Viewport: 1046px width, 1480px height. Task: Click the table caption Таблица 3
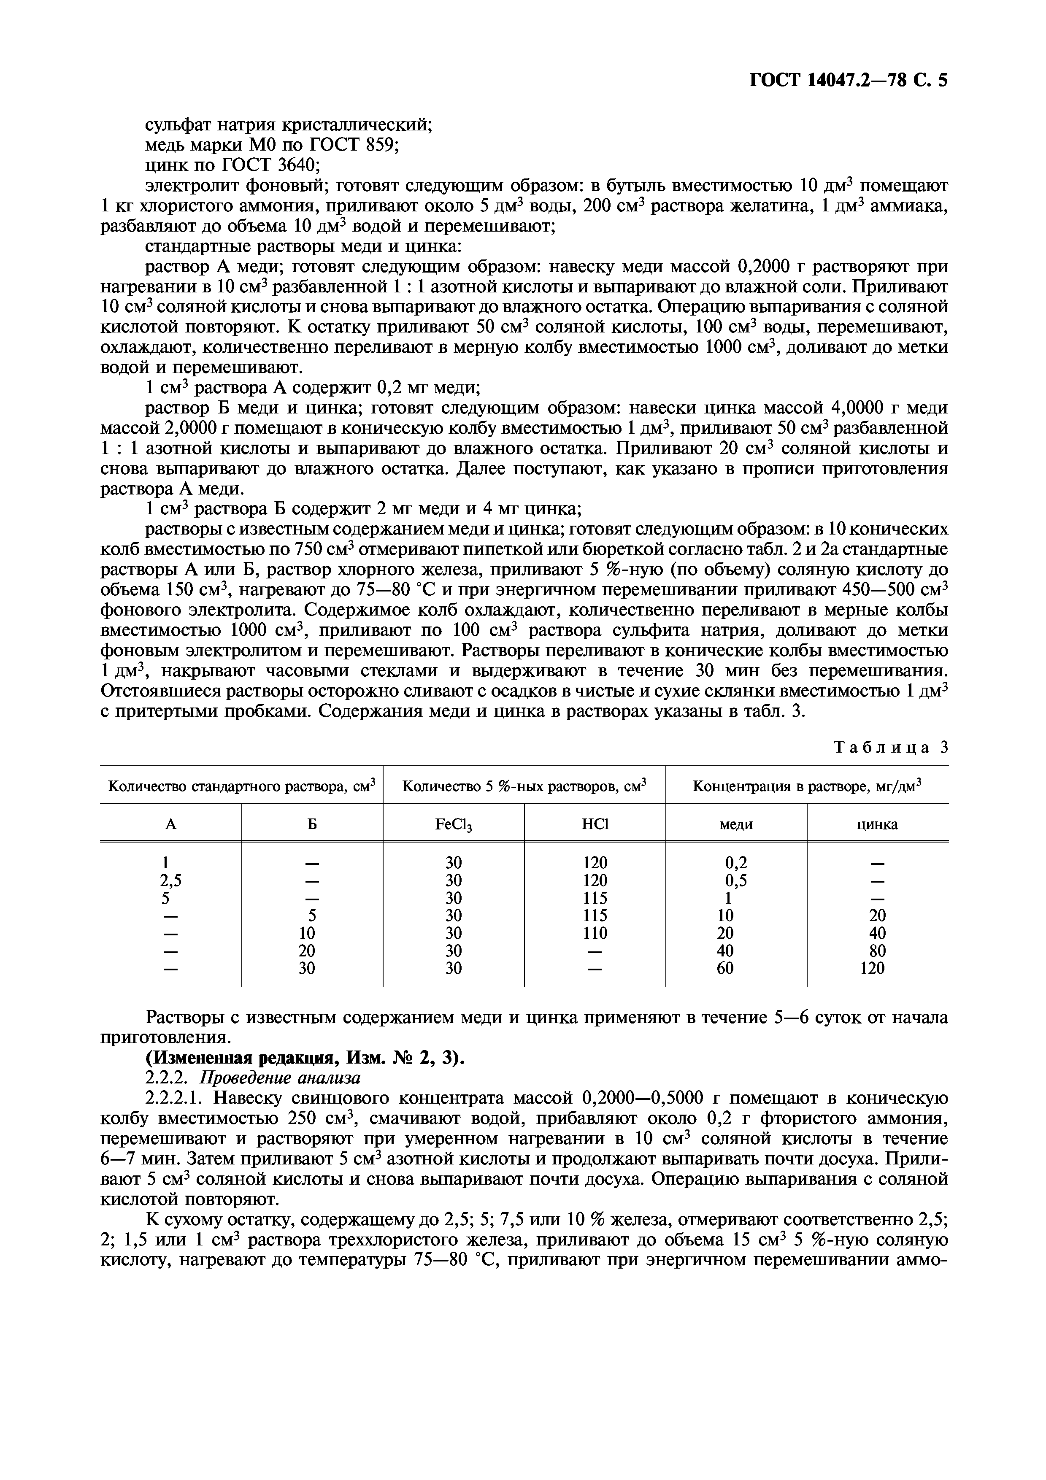point(890,748)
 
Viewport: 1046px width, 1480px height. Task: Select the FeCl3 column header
point(453,825)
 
